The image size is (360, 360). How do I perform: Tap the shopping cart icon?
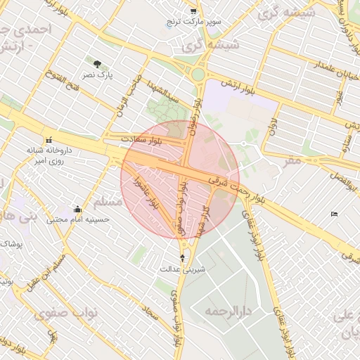(x=193, y=12)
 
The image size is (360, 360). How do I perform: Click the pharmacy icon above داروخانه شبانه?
(x=49, y=139)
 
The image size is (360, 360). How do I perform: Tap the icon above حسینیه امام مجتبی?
(x=77, y=209)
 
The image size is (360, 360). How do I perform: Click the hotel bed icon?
(x=334, y=214)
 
